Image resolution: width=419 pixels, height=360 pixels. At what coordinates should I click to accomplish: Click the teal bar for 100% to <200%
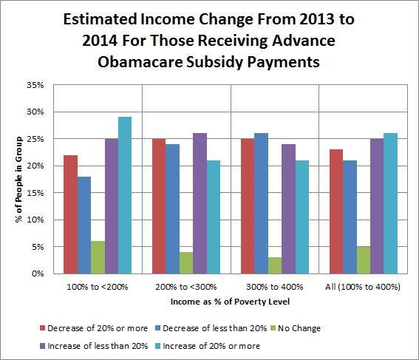click(x=125, y=195)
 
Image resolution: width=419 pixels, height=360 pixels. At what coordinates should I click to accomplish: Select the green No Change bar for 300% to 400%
click(x=275, y=265)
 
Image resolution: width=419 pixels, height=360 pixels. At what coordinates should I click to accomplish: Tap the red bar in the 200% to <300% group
click(x=159, y=206)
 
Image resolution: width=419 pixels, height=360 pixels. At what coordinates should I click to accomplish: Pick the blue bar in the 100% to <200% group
click(x=84, y=225)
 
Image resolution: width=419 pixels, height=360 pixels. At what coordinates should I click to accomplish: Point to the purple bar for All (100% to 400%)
click(x=377, y=206)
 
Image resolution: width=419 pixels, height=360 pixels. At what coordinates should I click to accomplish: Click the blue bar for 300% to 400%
click(x=262, y=203)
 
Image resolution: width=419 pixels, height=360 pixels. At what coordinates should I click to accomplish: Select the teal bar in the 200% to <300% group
click(x=214, y=217)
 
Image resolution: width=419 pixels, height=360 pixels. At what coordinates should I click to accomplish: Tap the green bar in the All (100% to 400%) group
click(x=364, y=260)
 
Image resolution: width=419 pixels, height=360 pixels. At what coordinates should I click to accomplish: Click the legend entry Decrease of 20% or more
click(x=94, y=328)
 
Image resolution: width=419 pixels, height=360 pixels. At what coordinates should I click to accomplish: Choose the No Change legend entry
click(x=296, y=328)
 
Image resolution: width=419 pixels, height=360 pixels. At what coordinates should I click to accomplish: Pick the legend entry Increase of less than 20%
click(x=94, y=346)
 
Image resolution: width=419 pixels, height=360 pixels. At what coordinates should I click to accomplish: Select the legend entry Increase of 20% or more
click(x=208, y=346)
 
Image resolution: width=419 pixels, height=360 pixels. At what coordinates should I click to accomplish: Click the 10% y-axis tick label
click(x=35, y=220)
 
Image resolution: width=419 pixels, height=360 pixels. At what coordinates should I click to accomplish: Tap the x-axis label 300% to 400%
click(x=275, y=287)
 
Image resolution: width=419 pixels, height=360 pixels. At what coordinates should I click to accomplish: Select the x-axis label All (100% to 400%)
click(x=363, y=287)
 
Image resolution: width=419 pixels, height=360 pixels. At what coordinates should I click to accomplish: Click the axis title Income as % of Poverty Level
click(x=230, y=302)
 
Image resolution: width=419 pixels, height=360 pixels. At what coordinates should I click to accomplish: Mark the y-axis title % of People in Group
click(x=18, y=180)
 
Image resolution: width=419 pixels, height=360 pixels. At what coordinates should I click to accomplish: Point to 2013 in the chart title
click(x=317, y=19)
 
